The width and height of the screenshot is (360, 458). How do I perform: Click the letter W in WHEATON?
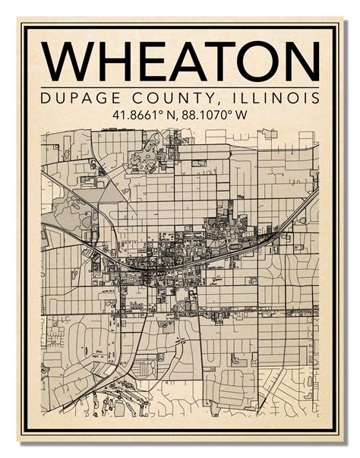[x=67, y=60]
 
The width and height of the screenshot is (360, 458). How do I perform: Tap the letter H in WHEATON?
[x=112, y=60]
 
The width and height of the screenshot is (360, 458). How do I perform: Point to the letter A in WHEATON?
[x=185, y=60]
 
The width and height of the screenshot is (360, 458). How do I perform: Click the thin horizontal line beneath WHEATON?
[x=180, y=87]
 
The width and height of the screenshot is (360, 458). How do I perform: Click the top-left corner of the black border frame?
[x=23, y=26]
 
